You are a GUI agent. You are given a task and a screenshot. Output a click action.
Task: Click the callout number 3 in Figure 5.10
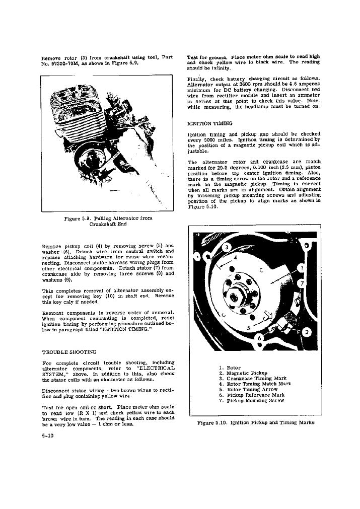point(227,247)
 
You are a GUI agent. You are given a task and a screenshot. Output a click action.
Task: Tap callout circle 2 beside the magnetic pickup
point(307,332)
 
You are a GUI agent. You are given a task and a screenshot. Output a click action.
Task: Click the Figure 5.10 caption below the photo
point(256,422)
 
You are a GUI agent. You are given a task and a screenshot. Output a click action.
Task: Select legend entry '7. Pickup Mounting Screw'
point(252,401)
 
